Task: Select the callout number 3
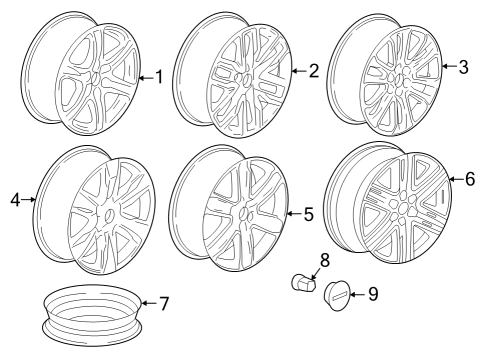coord(463,67)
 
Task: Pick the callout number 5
coord(308,213)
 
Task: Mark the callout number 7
coord(165,303)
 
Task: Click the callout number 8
coord(324,261)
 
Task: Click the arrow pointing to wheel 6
coord(451,180)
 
